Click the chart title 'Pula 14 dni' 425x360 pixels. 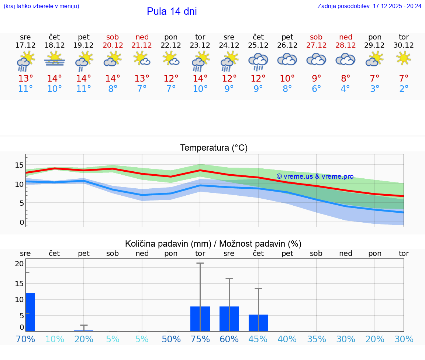[x=172, y=11]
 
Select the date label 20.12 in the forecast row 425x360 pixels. [x=113, y=45]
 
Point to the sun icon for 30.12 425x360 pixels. [x=404, y=58]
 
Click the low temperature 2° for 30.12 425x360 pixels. [x=404, y=89]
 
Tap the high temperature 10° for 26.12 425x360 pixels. [x=287, y=78]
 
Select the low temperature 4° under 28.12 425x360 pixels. [x=345, y=89]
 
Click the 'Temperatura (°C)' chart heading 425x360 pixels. [x=214, y=148]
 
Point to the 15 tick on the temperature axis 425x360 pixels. [x=19, y=165]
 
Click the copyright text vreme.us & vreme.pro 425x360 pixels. [x=315, y=176]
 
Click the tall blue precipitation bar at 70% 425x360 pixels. [x=30, y=312]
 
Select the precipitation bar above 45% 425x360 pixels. [x=258, y=323]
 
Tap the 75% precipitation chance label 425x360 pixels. [x=200, y=339]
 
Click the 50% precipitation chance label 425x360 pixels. [x=171, y=339]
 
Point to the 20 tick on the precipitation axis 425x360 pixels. [x=19, y=264]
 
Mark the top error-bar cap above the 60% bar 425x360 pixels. [x=229, y=278]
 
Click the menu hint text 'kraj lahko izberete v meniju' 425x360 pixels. [x=41, y=6]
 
